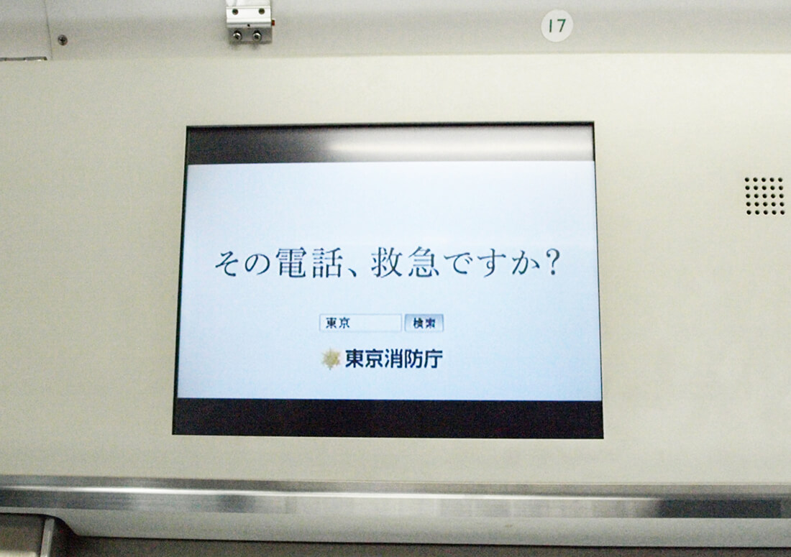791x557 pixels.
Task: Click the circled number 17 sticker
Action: point(557,25)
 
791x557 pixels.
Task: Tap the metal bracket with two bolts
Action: point(248,22)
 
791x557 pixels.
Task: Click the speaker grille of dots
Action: point(764,195)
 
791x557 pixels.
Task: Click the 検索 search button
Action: point(424,323)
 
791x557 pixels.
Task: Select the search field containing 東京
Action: point(360,323)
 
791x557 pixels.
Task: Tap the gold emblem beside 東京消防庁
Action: point(331,359)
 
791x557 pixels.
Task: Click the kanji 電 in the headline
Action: point(291,262)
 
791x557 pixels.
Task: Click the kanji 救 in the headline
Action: point(387,262)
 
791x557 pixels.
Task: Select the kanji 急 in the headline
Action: point(424,262)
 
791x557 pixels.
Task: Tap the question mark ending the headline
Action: point(553,262)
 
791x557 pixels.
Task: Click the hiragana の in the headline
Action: point(257,264)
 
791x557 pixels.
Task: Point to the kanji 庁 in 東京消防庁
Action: point(433,359)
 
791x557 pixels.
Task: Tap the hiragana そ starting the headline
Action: point(227,263)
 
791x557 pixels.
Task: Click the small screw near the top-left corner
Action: point(63,40)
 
